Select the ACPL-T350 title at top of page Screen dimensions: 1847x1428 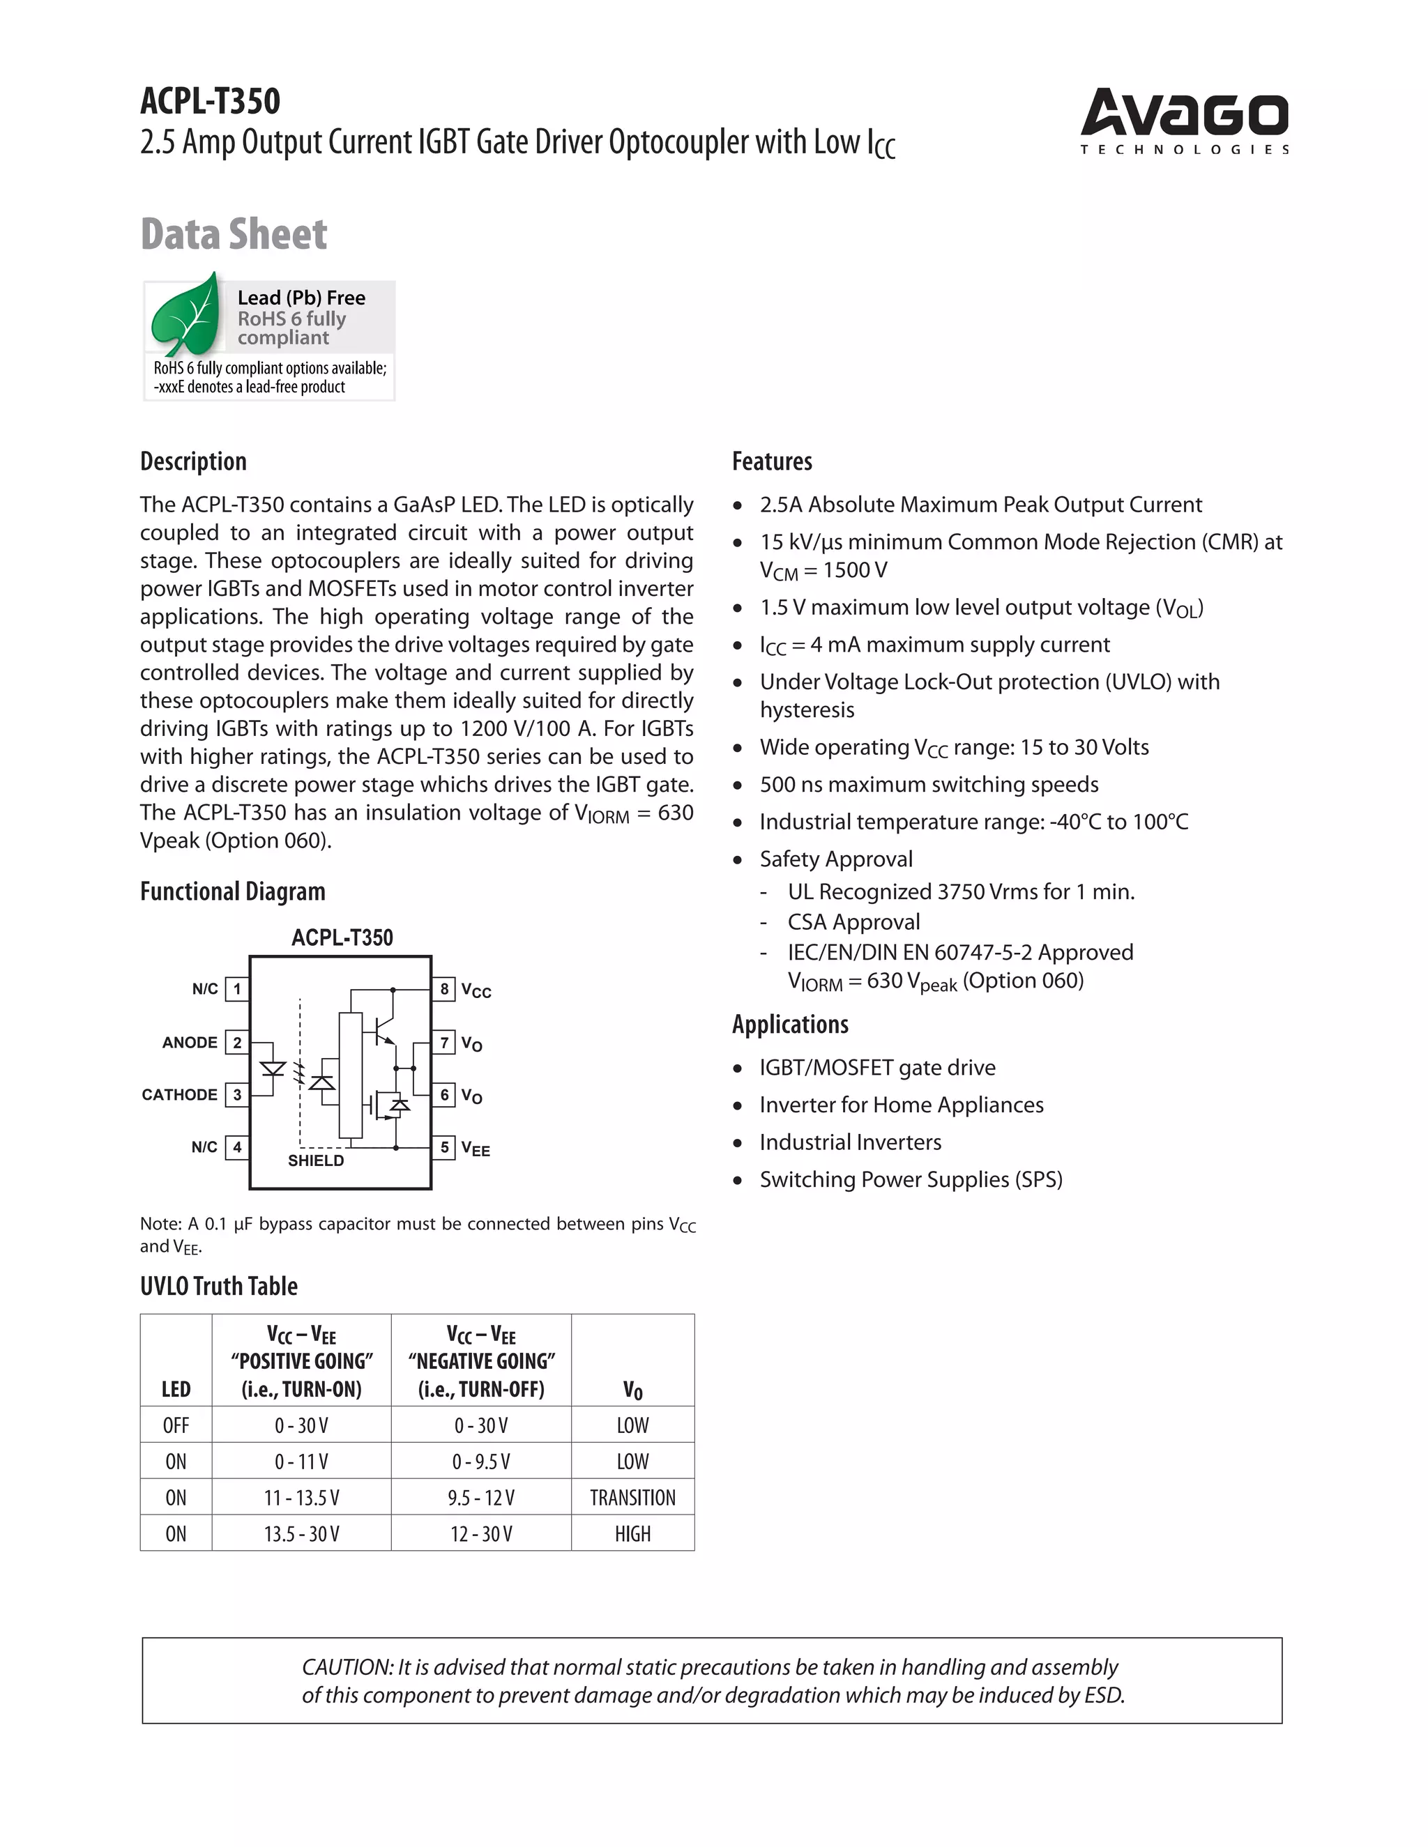point(210,102)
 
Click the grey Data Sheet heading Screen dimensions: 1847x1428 point(234,234)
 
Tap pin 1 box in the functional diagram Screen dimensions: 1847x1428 point(237,988)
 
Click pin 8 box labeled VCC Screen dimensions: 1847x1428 point(443,988)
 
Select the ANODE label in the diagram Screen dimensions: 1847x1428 point(190,1043)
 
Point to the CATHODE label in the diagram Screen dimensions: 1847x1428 point(179,1095)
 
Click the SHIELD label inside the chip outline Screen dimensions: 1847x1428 point(316,1160)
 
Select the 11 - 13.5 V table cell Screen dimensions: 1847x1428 point(301,1498)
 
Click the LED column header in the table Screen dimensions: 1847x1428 point(176,1390)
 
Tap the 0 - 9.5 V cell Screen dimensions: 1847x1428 point(480,1462)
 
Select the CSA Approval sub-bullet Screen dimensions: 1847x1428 point(853,922)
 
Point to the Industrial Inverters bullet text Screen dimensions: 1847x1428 point(849,1142)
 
